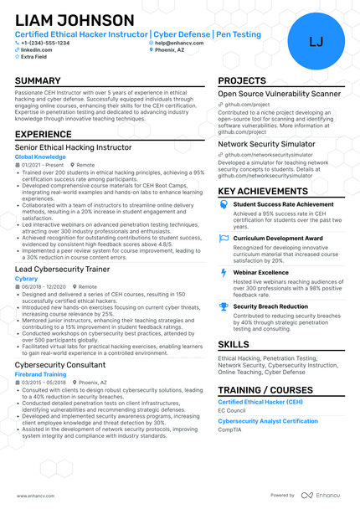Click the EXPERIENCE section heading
44,134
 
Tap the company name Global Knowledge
40,157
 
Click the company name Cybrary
27,278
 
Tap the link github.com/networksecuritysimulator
265,154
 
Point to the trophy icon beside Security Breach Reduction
224,306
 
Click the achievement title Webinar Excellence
260,272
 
